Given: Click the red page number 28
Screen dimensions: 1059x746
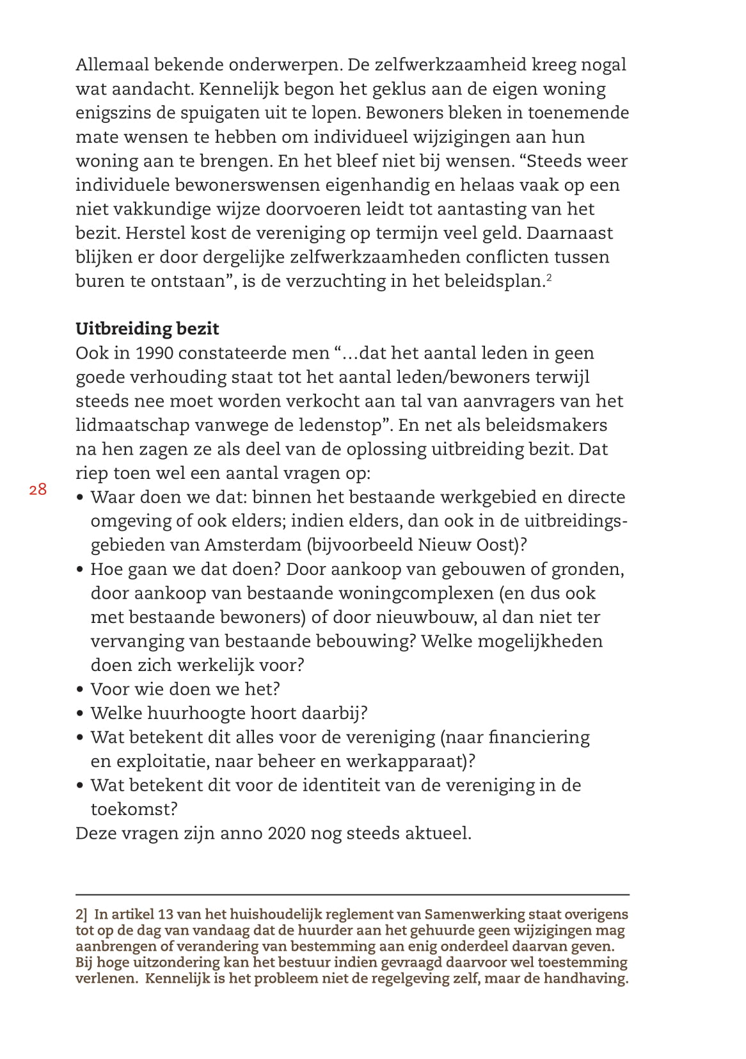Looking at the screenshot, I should (38, 490).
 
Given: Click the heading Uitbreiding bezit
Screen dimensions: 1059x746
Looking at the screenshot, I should (147, 328).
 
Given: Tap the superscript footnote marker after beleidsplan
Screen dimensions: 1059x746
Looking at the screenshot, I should (549, 277).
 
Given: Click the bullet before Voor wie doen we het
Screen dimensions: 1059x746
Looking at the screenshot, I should (80, 690).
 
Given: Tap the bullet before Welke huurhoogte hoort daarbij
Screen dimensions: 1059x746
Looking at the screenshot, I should (80, 714).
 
